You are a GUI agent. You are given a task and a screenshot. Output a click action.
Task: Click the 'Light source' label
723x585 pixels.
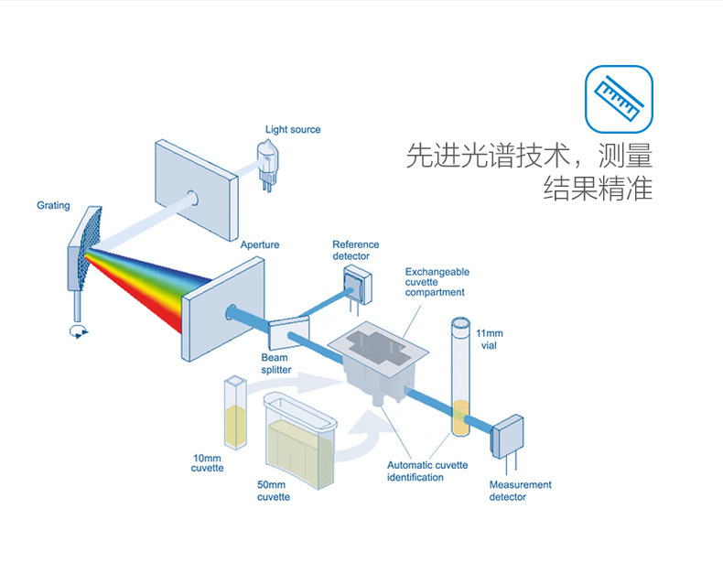(x=293, y=130)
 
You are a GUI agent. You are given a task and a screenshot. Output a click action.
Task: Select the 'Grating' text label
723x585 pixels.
(x=53, y=205)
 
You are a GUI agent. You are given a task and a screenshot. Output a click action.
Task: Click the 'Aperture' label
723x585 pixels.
(x=260, y=245)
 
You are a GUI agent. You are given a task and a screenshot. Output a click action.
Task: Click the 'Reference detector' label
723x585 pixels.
(x=355, y=250)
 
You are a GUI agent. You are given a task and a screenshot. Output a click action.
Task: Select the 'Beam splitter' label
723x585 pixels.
(x=276, y=363)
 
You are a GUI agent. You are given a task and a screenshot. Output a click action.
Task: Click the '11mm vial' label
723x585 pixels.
(x=491, y=338)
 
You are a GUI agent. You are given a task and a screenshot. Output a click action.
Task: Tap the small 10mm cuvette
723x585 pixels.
(x=236, y=417)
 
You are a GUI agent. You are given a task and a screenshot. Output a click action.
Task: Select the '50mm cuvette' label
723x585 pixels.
(x=274, y=492)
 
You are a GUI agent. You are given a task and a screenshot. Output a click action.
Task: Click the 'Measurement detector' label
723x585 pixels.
(x=520, y=491)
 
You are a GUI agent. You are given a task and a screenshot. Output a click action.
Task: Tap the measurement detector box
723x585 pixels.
(x=508, y=439)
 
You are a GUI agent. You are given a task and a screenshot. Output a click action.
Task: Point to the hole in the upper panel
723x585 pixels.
(x=194, y=196)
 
